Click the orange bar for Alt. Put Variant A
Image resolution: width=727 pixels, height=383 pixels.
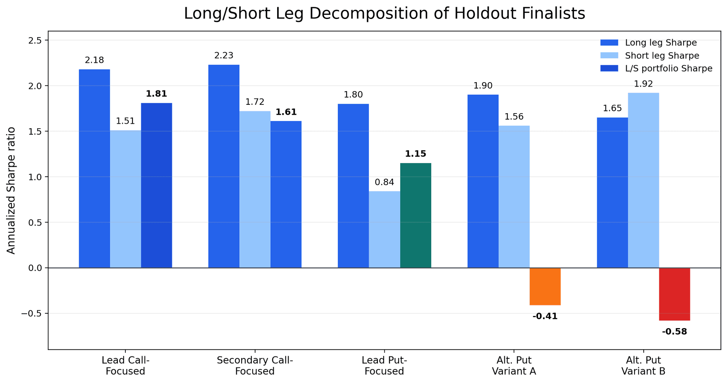[545, 286]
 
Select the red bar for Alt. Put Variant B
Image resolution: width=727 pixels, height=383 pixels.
[674, 294]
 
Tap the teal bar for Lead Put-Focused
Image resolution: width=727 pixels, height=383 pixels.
[415, 216]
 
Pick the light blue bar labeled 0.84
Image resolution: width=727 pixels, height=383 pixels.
[384, 230]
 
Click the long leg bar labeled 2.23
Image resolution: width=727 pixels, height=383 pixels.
[224, 167]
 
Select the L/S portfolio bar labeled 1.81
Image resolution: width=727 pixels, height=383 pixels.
[156, 185]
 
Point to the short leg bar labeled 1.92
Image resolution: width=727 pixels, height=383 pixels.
[643, 181]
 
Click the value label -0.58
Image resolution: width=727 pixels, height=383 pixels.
[674, 332]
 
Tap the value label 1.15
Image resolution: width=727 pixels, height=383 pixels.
[415, 154]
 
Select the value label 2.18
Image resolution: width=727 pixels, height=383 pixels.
[94, 60]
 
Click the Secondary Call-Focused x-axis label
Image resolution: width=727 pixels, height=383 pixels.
[255, 366]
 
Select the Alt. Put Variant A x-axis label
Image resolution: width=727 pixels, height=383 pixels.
[514, 366]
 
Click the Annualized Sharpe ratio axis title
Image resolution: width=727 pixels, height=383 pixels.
[11, 190]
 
